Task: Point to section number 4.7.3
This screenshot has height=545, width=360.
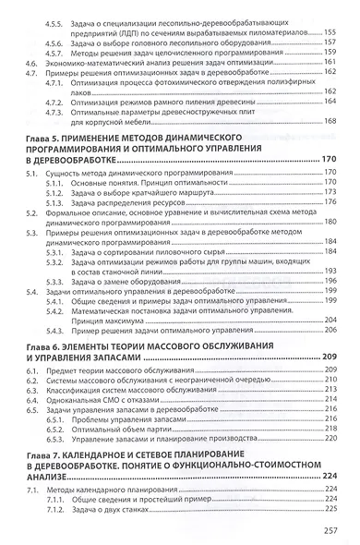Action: (54, 110)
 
